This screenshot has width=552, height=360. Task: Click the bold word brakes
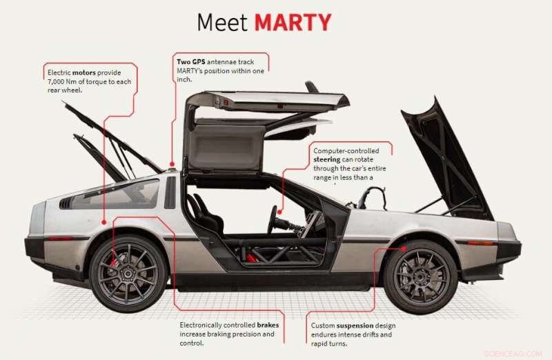268,324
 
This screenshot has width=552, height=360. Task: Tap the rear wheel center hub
128,273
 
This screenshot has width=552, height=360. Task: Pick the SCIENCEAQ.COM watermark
514,352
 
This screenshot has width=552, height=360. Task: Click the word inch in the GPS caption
186,80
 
